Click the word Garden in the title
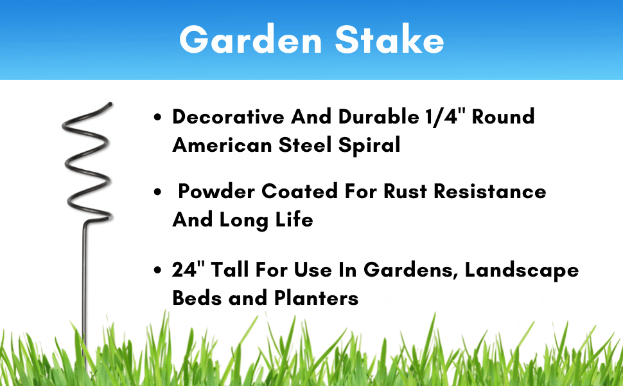point(250,39)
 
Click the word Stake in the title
point(389,39)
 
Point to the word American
point(222,145)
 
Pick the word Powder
point(216,192)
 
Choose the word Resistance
point(490,192)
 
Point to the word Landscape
point(522,270)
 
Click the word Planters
point(316,298)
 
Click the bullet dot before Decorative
point(158,117)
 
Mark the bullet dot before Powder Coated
point(158,192)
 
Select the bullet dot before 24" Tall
point(158,270)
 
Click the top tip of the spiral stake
point(111,104)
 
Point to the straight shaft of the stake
point(85,295)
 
